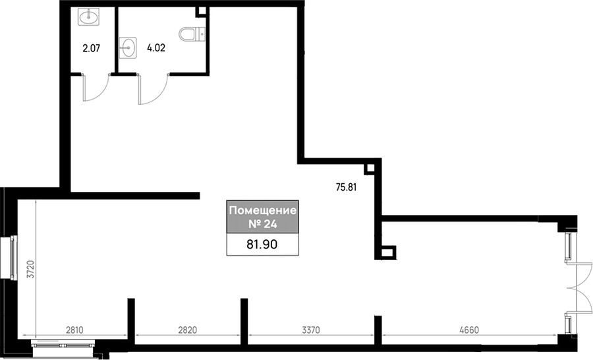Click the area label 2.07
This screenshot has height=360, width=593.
click(x=91, y=48)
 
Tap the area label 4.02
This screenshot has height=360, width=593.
click(x=155, y=48)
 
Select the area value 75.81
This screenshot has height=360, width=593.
click(x=347, y=187)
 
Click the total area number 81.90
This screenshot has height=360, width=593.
click(x=262, y=245)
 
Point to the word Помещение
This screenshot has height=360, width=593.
click(x=263, y=210)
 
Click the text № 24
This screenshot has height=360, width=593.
click(x=263, y=224)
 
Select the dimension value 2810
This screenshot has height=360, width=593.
click(x=74, y=330)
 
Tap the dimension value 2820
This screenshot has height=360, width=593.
click(x=188, y=330)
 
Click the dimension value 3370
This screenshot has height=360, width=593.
click(x=311, y=330)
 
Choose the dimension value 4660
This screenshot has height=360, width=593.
click(x=469, y=330)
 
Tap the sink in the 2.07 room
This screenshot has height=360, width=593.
click(x=89, y=16)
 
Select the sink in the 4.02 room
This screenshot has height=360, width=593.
click(x=128, y=48)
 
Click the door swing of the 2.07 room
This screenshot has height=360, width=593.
click(x=96, y=88)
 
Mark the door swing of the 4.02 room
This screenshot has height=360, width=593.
click(x=153, y=89)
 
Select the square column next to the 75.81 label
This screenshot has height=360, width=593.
click(x=370, y=169)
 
